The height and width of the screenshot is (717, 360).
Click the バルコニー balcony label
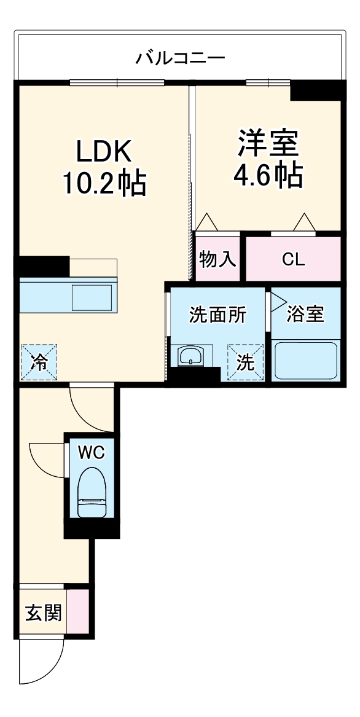click(x=181, y=59)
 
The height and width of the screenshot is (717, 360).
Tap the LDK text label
click(x=104, y=151)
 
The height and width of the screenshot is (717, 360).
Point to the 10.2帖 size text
click(x=104, y=182)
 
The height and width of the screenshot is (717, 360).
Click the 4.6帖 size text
click(x=268, y=176)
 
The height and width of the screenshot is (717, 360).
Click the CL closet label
click(x=293, y=259)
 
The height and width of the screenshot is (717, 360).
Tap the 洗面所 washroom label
click(x=217, y=315)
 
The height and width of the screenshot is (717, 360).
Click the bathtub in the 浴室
click(x=306, y=361)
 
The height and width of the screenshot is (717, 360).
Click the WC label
click(x=92, y=453)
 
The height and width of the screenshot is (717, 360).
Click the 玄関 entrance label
click(x=43, y=613)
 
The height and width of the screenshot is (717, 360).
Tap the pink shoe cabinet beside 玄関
click(x=77, y=612)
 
